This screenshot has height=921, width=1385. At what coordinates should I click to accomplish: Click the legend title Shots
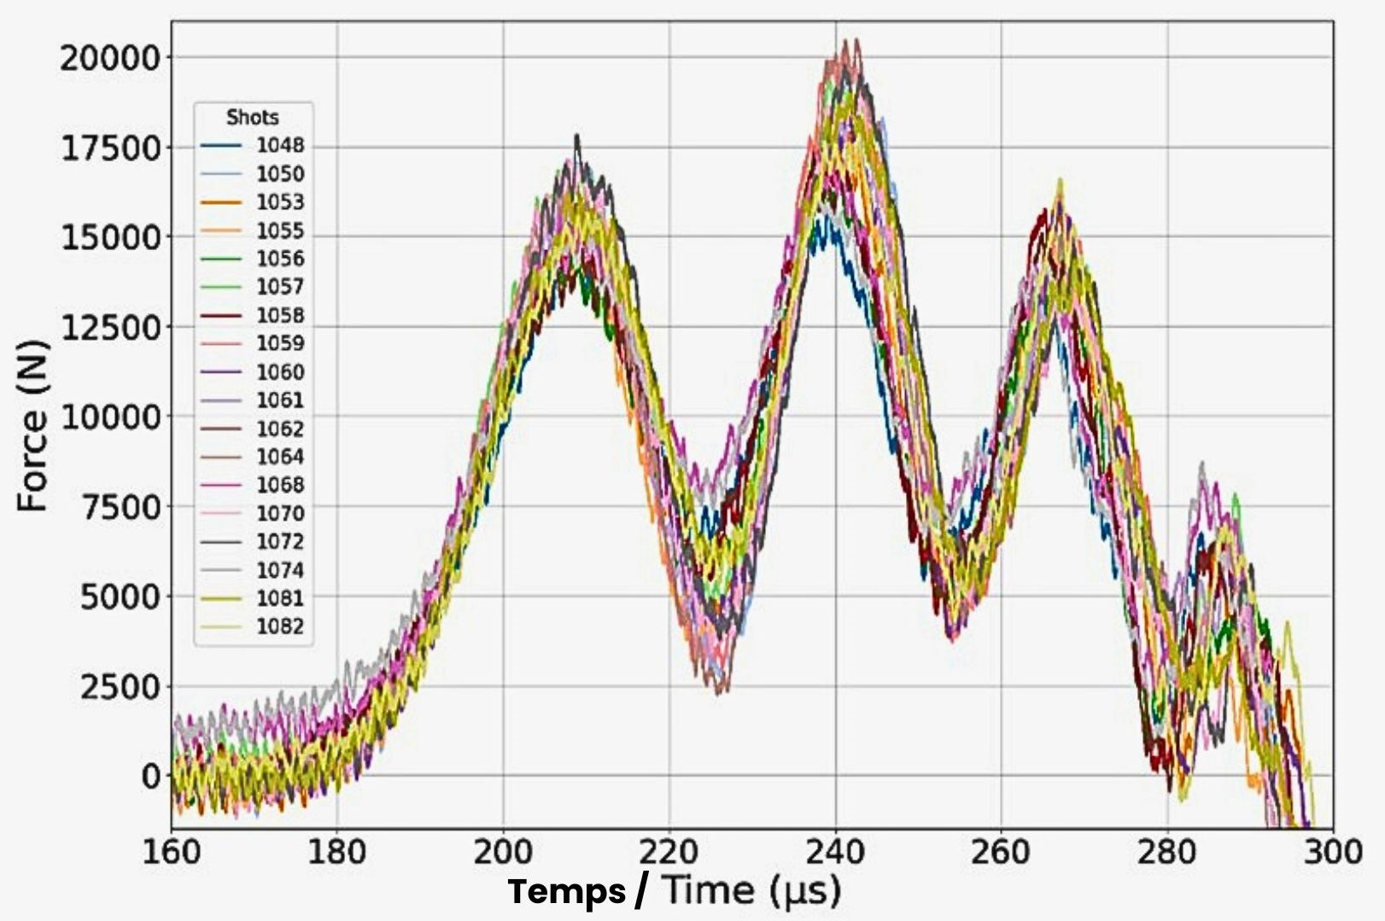(x=252, y=117)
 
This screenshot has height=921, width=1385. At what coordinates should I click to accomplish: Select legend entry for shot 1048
(x=280, y=146)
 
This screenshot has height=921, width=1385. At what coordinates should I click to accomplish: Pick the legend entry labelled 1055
(x=280, y=230)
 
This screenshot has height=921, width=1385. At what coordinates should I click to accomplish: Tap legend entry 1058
(x=280, y=316)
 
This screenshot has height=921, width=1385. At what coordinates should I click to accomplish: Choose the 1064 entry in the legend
(x=280, y=457)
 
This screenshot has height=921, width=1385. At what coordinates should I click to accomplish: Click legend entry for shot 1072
(x=280, y=541)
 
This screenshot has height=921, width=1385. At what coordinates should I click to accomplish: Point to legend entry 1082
(x=280, y=627)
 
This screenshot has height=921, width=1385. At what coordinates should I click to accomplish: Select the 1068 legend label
(x=280, y=485)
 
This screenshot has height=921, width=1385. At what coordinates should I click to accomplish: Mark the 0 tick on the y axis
(x=150, y=777)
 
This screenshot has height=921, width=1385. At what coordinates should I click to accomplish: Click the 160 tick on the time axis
(x=171, y=852)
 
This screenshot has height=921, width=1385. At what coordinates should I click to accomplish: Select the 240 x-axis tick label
(x=835, y=852)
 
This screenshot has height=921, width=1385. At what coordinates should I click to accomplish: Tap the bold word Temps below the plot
(x=567, y=892)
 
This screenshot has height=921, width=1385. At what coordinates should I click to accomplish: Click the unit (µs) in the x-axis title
(x=804, y=892)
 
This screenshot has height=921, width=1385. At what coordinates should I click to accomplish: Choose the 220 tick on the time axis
(x=669, y=852)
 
